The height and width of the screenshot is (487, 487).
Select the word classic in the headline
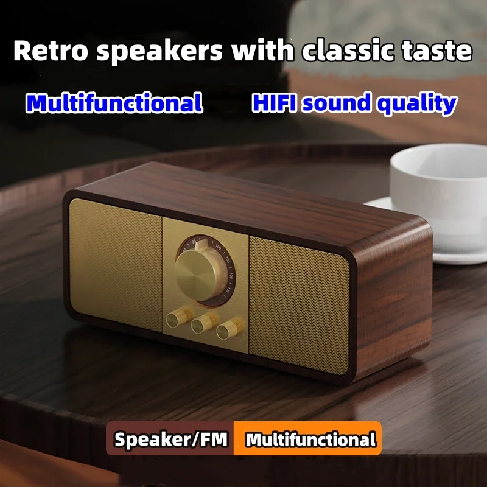344,51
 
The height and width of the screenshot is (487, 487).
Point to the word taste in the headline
436,51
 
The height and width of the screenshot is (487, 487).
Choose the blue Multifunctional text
114,103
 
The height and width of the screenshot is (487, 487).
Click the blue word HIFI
274,103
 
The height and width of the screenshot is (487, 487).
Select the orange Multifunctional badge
310,440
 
